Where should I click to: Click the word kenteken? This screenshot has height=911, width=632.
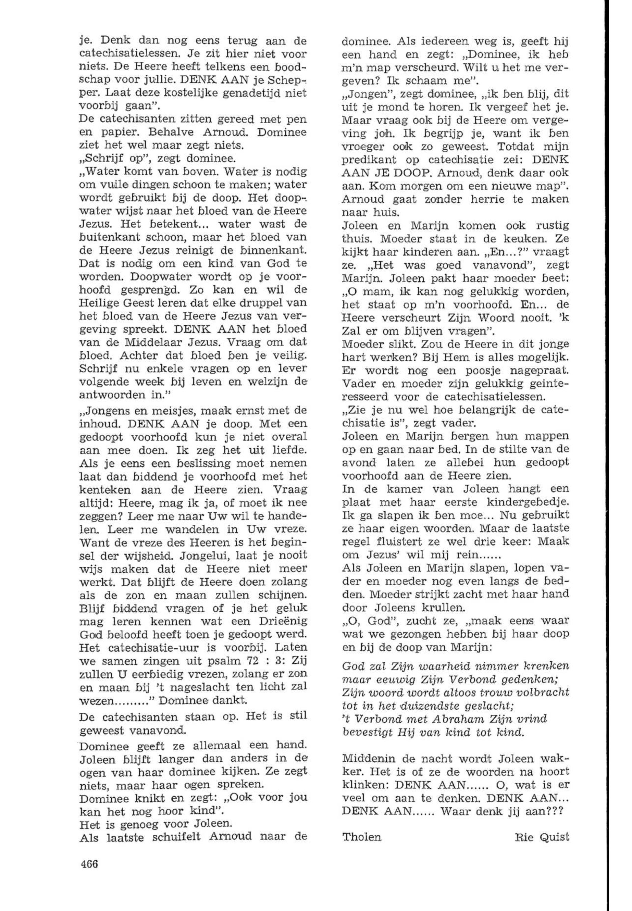pos(104,489)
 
